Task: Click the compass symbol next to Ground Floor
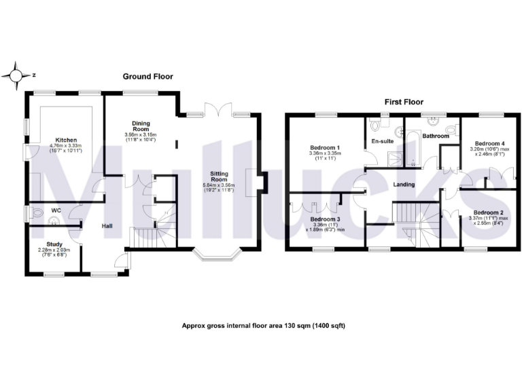[18, 75]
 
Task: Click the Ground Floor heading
[147, 77]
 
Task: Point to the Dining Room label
[140, 126]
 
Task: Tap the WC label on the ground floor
[56, 210]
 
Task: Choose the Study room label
[54, 244]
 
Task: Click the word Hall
[107, 226]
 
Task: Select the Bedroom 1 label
[325, 147]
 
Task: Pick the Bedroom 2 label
[487, 213]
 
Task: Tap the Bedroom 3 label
[325, 219]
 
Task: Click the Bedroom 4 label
[489, 144]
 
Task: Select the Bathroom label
[436, 136]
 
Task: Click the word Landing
[405, 185]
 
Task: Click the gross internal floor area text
[264, 326]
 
